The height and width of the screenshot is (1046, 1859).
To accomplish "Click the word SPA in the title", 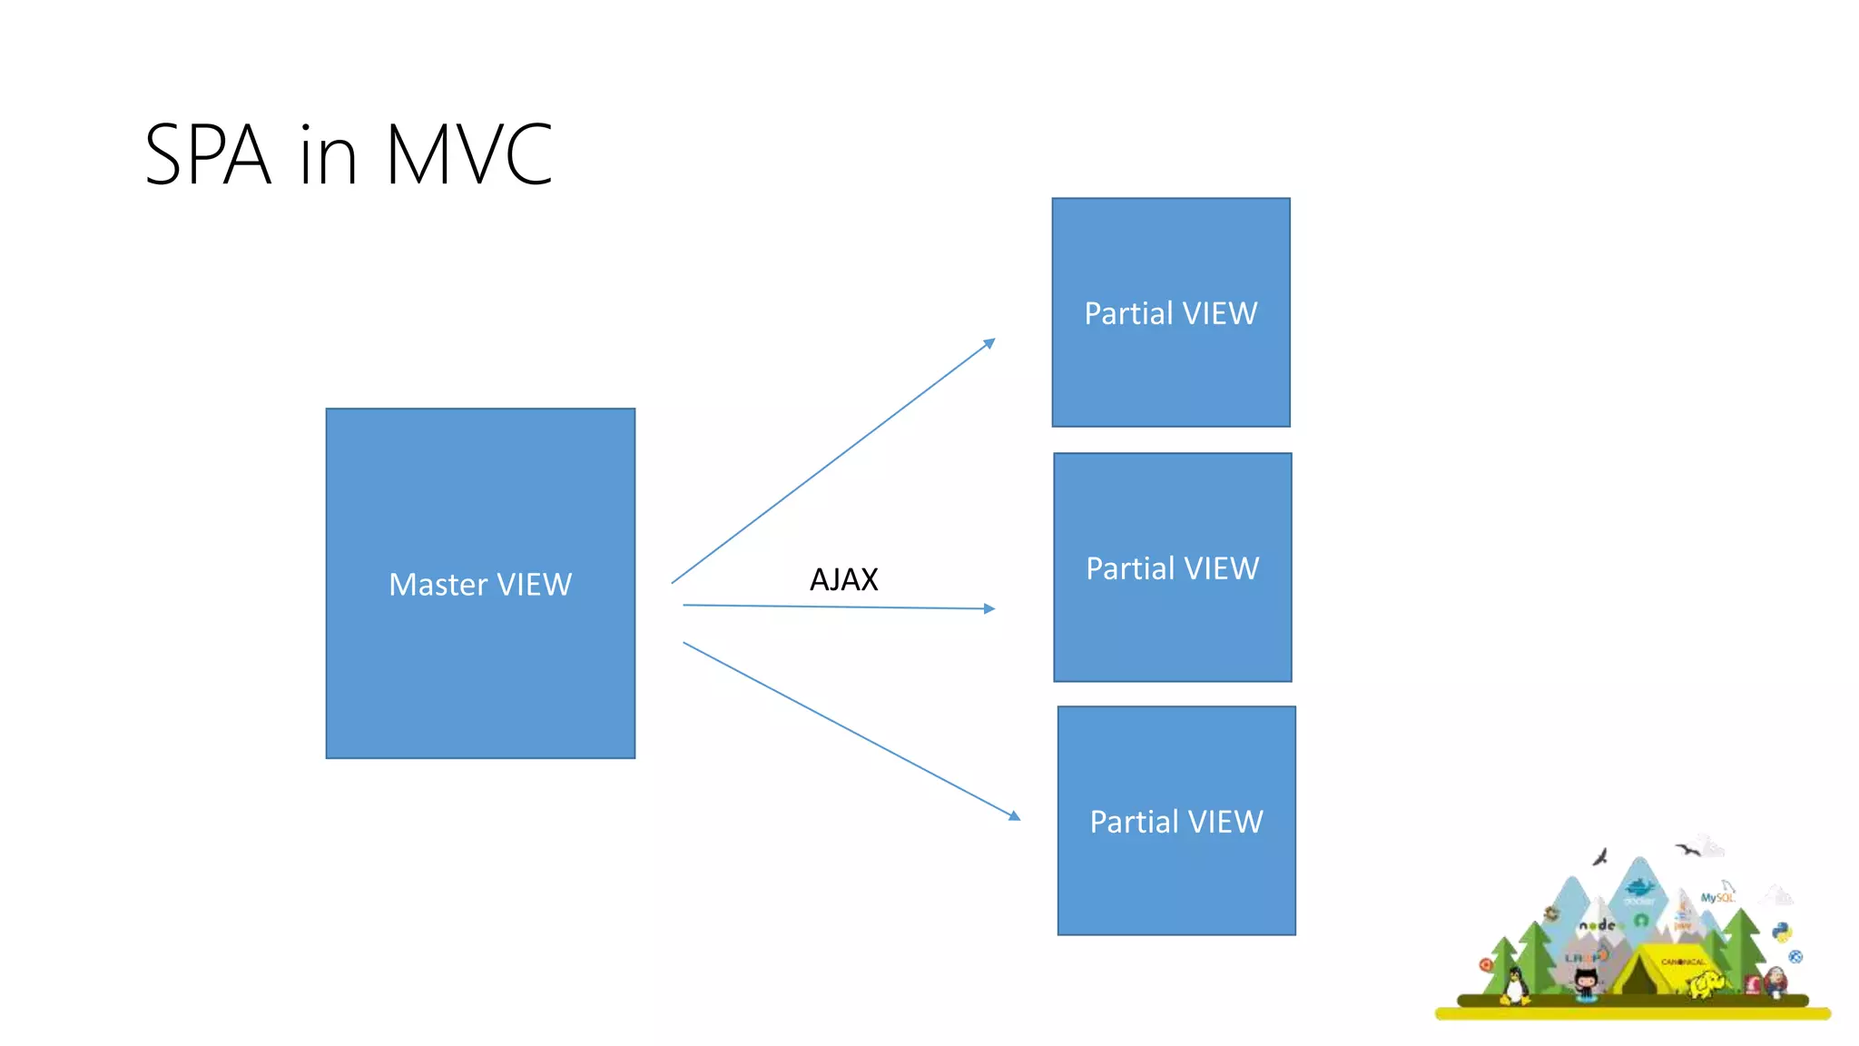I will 208,155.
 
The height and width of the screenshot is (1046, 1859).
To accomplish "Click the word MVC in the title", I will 468,155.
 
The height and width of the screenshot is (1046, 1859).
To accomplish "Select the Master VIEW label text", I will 480,584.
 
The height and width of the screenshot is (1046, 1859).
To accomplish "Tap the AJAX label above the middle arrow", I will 843,579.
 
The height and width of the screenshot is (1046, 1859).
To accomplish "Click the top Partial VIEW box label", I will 1171,313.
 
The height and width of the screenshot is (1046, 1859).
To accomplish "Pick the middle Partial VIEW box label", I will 1173,568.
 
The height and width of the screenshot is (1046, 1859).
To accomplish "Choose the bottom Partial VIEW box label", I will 1176,822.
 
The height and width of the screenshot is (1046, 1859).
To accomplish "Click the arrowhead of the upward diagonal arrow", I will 989,343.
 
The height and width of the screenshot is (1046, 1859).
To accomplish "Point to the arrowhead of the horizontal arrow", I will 989,608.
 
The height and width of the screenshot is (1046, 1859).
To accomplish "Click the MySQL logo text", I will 1716,898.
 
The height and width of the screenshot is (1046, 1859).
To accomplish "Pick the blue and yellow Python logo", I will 1782,932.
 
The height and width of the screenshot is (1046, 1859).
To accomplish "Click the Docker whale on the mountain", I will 1639,887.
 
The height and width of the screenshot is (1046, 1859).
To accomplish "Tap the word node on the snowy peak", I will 1598,925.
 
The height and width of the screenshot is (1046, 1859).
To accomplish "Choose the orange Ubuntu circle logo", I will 1486,964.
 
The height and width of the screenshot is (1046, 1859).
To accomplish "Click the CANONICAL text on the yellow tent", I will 1683,962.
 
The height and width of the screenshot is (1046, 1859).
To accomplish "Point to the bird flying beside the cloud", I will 1687,850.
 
